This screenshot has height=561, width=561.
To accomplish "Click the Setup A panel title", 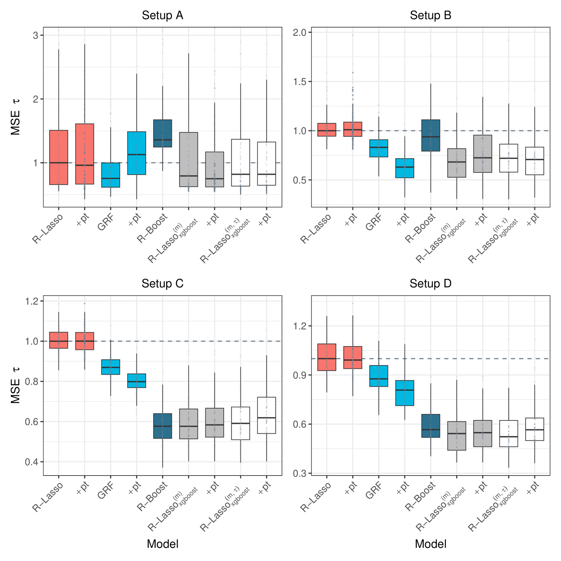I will tap(162, 16).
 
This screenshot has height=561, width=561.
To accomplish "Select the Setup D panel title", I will tap(430, 283).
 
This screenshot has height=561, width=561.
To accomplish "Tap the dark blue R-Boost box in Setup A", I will tap(162, 133).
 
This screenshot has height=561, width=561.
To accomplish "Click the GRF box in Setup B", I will tap(379, 148).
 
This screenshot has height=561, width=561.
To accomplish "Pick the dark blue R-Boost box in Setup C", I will tap(162, 426).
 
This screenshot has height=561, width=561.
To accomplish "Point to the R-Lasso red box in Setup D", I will tap(327, 357).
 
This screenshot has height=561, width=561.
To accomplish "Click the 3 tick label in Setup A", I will tap(35, 35).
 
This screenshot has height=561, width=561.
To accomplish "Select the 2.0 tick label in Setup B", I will tap(300, 32).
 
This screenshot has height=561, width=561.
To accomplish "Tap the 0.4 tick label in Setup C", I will tap(31, 462).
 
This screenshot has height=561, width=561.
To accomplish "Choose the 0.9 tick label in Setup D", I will tap(300, 375).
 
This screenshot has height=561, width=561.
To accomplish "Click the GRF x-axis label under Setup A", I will tap(106, 223).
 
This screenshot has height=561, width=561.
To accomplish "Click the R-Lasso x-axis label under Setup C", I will tap(48, 496).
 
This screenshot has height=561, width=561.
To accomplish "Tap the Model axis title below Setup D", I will tap(430, 544).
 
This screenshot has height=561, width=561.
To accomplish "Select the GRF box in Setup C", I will tap(111, 367).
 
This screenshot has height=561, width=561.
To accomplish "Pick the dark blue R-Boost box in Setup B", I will tap(431, 135).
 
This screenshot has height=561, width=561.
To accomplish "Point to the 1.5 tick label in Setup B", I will tap(300, 82).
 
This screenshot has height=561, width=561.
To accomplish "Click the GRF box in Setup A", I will tap(111, 175).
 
